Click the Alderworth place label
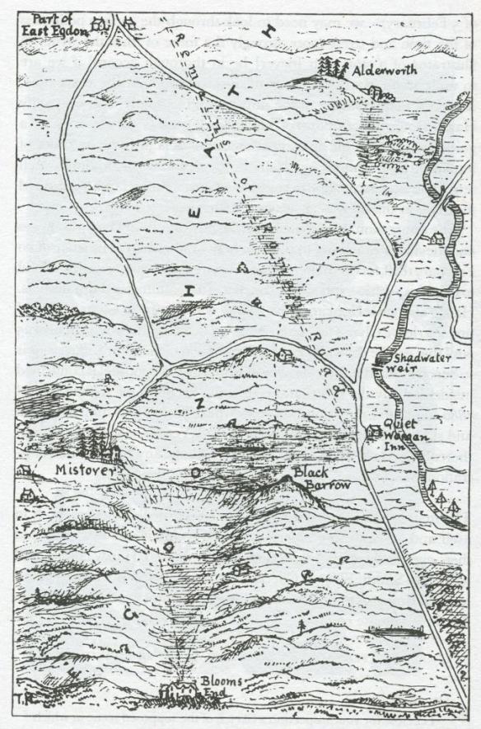pyautogui.click(x=384, y=72)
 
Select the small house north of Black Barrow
pyautogui.click(x=285, y=355)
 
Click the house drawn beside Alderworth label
pyautogui.click(x=377, y=92)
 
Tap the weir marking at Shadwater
pyautogui.click(x=382, y=359)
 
